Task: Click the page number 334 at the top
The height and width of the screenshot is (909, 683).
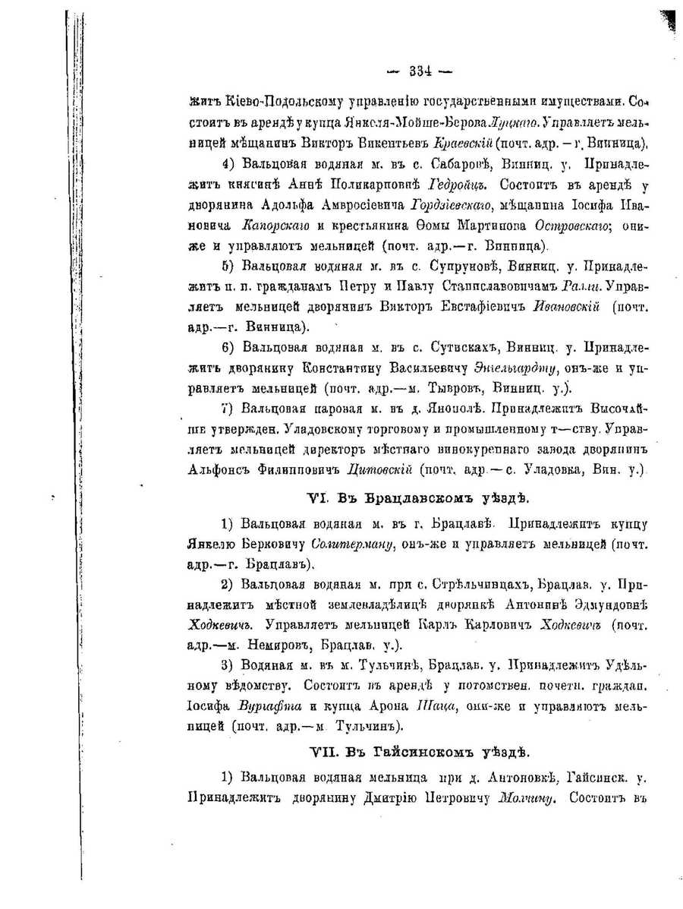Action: [419, 72]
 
